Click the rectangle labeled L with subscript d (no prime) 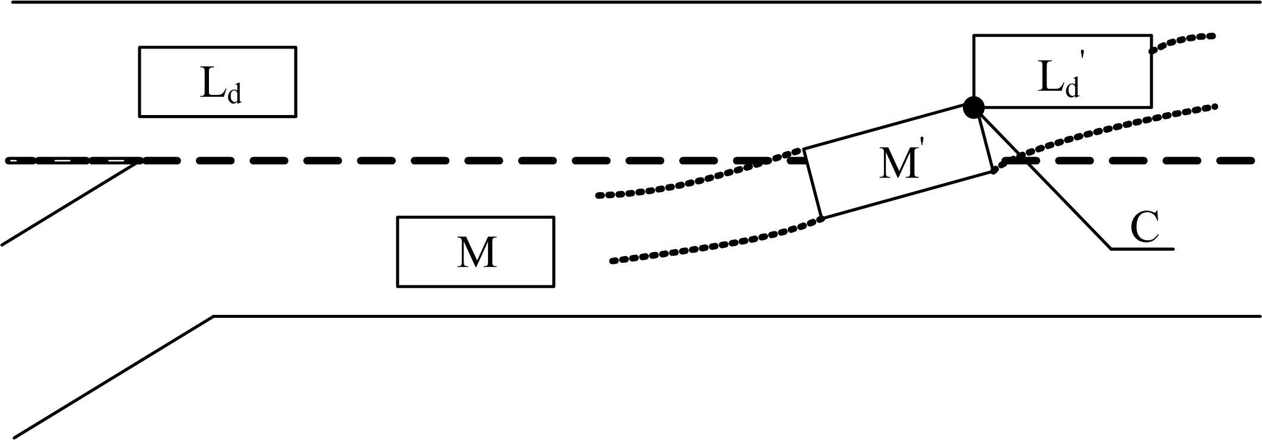pyautogui.click(x=217, y=82)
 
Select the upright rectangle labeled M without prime pyautogui.click(x=475, y=252)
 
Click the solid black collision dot pyautogui.click(x=974, y=107)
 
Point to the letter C pyautogui.click(x=1144, y=227)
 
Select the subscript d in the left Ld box pyautogui.click(x=235, y=93)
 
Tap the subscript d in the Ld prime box pyautogui.click(x=1071, y=87)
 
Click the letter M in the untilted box pyautogui.click(x=476, y=253)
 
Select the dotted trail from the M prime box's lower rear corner pyautogui.click(x=712, y=247)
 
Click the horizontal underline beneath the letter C pyautogui.click(x=1142, y=248)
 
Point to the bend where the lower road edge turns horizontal pyautogui.click(x=214, y=317)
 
